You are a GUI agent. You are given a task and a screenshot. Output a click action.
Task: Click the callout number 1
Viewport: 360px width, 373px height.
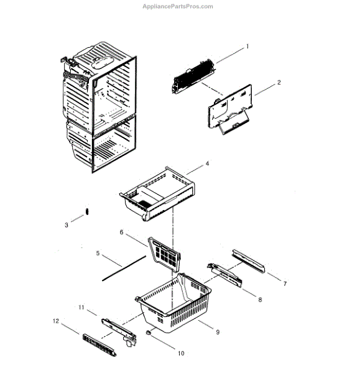pos(247,46)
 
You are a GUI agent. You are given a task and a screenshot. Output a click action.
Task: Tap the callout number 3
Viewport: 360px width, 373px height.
pos(67,225)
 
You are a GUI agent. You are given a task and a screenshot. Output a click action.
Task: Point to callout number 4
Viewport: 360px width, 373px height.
pos(207,163)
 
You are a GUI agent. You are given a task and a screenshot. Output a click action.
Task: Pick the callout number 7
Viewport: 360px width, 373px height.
pos(285,283)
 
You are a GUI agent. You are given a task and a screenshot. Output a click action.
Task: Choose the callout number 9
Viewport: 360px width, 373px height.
pos(218,332)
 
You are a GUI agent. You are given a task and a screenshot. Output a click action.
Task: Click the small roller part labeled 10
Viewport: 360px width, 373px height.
pos(149,334)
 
